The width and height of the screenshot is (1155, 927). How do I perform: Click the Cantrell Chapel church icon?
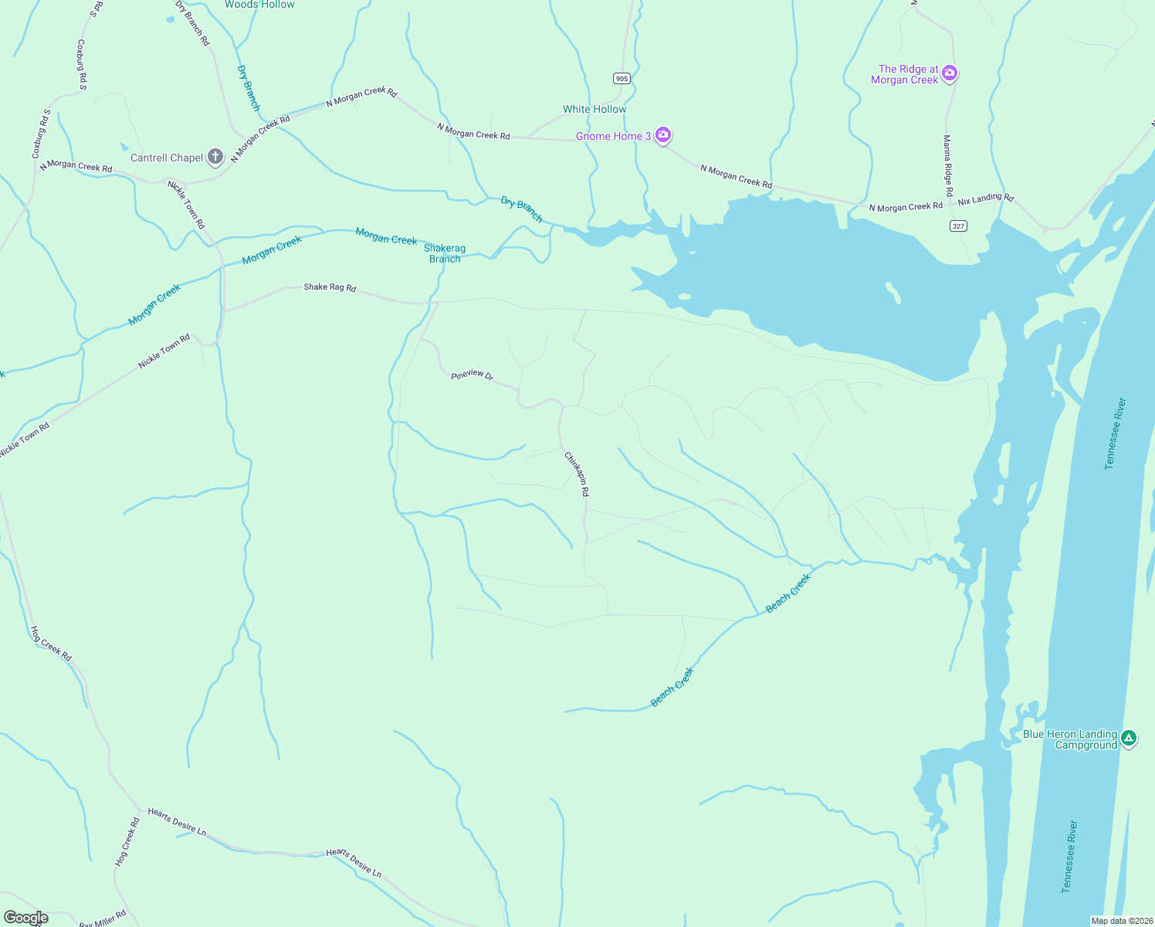215,158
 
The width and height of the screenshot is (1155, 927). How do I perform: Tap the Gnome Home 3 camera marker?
662,136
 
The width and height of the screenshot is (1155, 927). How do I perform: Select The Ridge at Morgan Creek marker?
950,73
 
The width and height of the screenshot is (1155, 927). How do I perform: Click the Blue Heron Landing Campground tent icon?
1129,739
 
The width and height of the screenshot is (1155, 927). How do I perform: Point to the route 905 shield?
622,78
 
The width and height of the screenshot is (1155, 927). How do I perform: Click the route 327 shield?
958,226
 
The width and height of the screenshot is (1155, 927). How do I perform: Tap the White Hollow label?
594,109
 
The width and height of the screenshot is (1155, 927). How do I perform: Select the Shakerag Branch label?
445,253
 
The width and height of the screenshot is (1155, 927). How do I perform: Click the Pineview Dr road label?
472,375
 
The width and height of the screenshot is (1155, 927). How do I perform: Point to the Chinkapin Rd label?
577,474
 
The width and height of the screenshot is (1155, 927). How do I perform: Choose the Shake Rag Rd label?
330,287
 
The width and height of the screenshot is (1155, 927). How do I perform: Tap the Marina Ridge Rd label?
947,165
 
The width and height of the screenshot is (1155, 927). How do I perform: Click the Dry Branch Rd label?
193,22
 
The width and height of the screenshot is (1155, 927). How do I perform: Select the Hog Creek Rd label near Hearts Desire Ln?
127,841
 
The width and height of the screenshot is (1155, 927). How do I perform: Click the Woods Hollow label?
259,5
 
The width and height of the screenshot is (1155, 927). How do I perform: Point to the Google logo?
26,918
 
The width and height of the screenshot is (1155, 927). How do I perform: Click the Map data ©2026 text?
1120,921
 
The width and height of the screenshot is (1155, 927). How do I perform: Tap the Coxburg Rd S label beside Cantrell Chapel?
41,134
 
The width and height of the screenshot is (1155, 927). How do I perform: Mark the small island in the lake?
892,293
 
